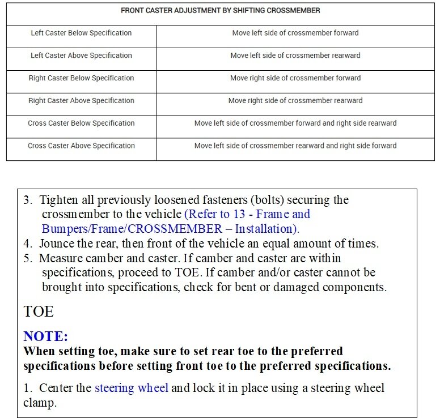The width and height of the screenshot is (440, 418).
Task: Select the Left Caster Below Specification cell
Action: (x=81, y=33)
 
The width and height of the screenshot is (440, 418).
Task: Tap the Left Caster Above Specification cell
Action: (x=81, y=56)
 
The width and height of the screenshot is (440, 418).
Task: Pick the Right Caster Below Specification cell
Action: (x=81, y=78)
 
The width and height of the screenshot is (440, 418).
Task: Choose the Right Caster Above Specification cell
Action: (x=81, y=101)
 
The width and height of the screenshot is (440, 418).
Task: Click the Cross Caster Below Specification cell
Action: (x=81, y=123)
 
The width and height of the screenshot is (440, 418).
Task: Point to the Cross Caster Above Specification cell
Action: (x=81, y=146)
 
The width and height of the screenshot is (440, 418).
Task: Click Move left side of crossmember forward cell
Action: (x=295, y=33)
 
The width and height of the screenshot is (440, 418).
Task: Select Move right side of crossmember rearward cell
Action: (x=295, y=101)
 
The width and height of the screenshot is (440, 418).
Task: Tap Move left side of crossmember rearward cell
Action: (x=295, y=56)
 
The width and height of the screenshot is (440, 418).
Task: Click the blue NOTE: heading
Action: (x=46, y=336)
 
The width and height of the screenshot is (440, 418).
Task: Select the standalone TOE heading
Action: (x=39, y=312)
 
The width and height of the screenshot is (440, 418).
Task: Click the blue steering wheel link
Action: (x=132, y=389)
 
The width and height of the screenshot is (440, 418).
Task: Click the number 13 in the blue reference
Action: (x=239, y=215)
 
